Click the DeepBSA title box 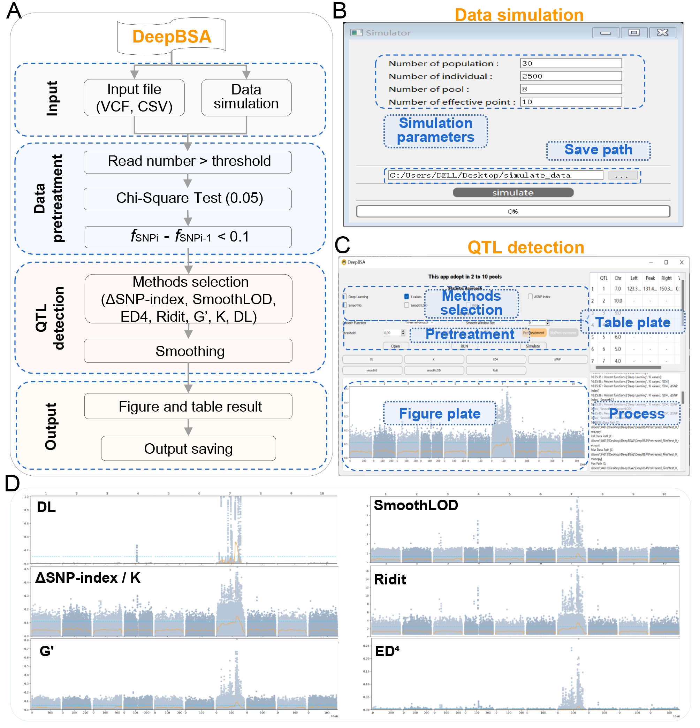pyautogui.click(x=171, y=36)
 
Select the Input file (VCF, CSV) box pyautogui.click(x=134, y=98)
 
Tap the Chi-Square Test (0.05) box pyautogui.click(x=188, y=198)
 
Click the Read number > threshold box pyautogui.click(x=188, y=162)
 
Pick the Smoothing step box pyautogui.click(x=188, y=351)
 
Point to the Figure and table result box pyautogui.click(x=188, y=406)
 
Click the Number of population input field pyautogui.click(x=570, y=63)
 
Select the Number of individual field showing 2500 pyautogui.click(x=570, y=76)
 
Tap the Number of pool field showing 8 pyautogui.click(x=570, y=89)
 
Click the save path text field pyautogui.click(x=495, y=175)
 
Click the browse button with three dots pyautogui.click(x=622, y=175)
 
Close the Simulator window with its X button pyautogui.click(x=662, y=33)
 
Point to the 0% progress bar pyautogui.click(x=513, y=211)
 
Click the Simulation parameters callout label pyautogui.click(x=435, y=130)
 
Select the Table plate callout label pyautogui.click(x=632, y=322)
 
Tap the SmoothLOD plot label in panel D pyautogui.click(x=416, y=505)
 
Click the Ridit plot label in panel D pyautogui.click(x=390, y=580)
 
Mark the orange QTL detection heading pyautogui.click(x=525, y=247)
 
